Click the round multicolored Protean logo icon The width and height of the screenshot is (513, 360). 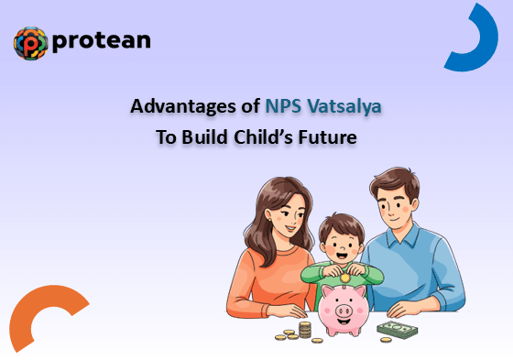pos(31,43)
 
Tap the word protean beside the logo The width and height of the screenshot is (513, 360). pos(102,41)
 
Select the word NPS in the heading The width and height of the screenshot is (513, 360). pos(283,105)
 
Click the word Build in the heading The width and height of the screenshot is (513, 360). pos(204,136)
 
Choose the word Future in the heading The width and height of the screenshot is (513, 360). pos(328,136)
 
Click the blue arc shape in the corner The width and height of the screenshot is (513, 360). pos(486,49)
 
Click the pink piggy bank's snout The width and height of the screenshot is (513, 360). pos(344,310)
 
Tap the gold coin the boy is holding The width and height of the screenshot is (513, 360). pos(344,278)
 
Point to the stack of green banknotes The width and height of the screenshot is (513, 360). pos(398,330)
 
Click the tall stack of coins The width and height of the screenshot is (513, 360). pos(305,330)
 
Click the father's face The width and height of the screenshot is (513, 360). pos(396,205)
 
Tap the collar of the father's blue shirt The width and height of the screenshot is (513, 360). pos(403,235)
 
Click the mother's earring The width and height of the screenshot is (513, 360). pos(269,220)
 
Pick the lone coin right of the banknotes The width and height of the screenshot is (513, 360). pos(386,340)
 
